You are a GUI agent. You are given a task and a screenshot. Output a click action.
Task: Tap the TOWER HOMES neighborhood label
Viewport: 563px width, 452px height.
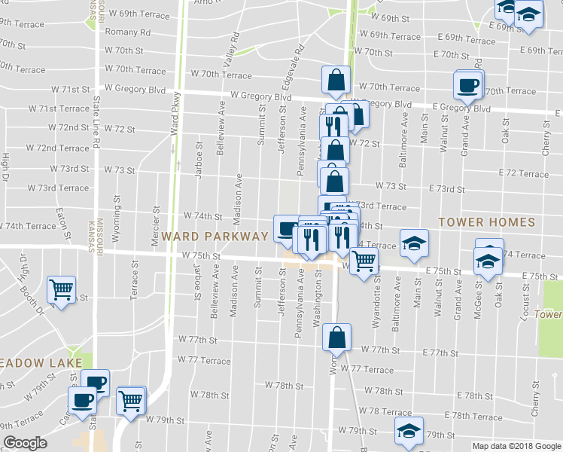[x=487, y=223]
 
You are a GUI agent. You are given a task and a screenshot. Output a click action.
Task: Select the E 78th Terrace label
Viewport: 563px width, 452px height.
[x=473, y=417]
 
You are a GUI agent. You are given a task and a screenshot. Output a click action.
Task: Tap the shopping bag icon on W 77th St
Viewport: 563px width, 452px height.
[x=336, y=336]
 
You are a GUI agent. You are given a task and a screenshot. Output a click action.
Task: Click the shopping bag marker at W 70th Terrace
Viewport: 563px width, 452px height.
[x=336, y=79]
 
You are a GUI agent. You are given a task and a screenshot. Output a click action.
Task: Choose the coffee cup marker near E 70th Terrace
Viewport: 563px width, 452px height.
[x=468, y=84]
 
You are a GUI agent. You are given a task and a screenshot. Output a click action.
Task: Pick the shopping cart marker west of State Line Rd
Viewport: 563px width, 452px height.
[x=60, y=289]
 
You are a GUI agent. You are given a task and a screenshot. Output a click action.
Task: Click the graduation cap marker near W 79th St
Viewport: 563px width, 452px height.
[x=409, y=431]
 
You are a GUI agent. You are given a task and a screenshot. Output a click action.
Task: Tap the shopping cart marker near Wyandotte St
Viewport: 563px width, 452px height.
[x=364, y=261]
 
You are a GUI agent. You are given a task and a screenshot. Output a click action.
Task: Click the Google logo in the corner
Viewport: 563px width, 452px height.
[x=25, y=444]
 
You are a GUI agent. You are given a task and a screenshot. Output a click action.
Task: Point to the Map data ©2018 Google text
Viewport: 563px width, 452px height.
[x=516, y=446]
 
